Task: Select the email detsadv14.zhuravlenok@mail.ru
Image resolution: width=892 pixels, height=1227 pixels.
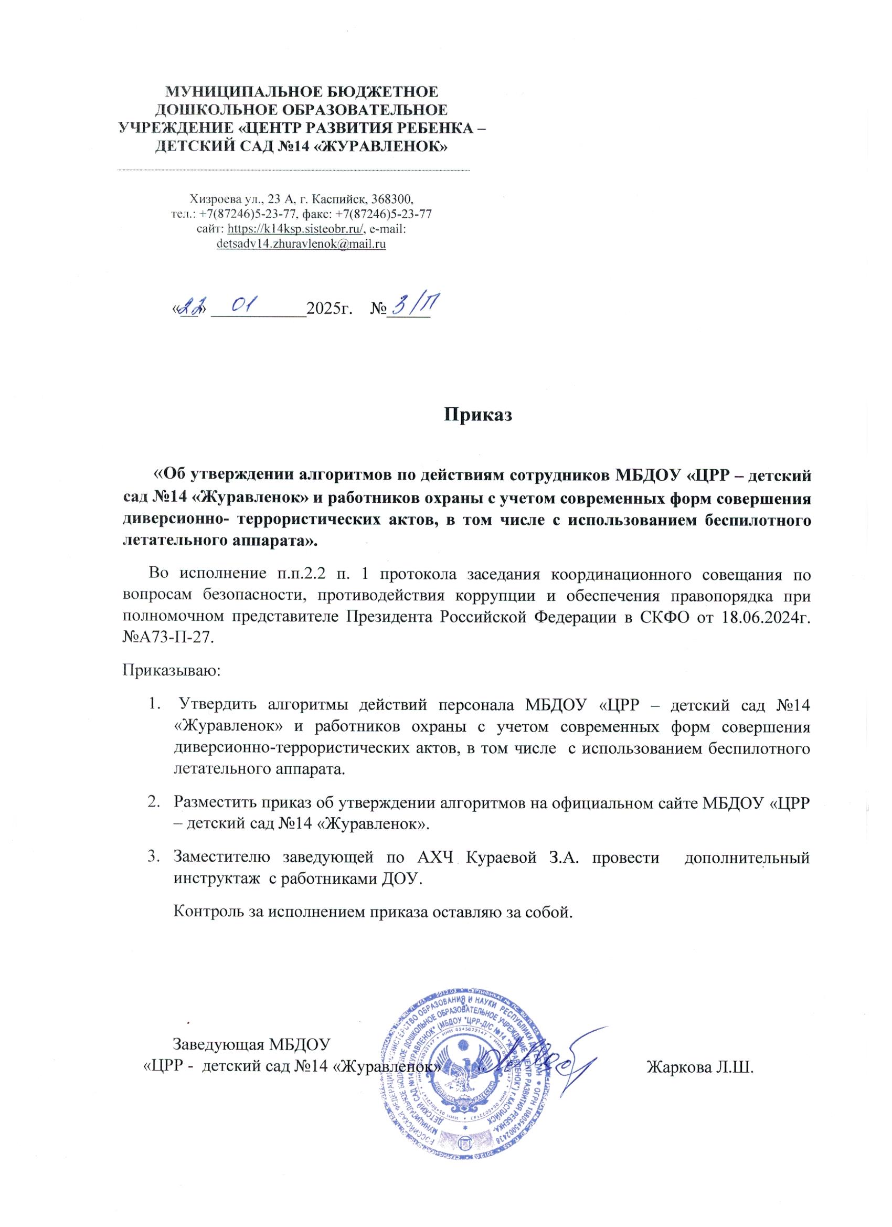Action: click(301, 244)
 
